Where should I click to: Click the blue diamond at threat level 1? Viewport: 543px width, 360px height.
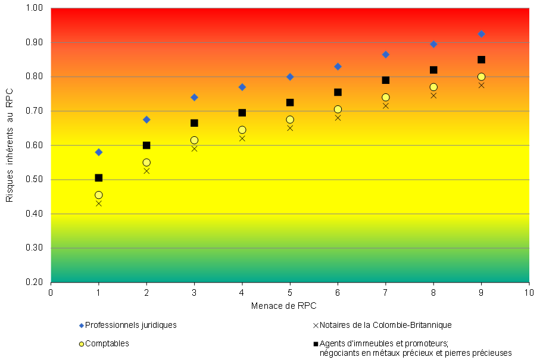coord(99,152)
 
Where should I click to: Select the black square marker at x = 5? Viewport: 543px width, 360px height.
coord(290,102)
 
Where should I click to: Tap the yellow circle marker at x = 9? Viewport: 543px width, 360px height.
coord(481,77)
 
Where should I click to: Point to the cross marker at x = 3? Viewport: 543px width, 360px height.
coord(194,148)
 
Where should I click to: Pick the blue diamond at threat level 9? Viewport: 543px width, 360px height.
coord(481,34)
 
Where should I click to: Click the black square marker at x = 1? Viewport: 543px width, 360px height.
coord(99,178)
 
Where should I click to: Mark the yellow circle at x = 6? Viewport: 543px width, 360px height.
coord(338,109)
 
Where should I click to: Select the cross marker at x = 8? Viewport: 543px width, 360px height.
coord(433,95)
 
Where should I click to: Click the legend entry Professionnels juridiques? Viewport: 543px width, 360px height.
coord(130,325)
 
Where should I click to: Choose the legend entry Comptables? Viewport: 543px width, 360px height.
coord(107,343)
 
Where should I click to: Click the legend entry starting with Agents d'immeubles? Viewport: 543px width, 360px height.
coord(415,348)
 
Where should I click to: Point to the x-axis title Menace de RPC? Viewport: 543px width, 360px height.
coord(283,305)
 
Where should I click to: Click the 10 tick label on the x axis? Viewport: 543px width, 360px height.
coord(529,292)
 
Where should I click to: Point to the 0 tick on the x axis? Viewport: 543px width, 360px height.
coord(51,292)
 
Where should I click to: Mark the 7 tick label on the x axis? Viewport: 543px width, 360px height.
coord(385,292)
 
